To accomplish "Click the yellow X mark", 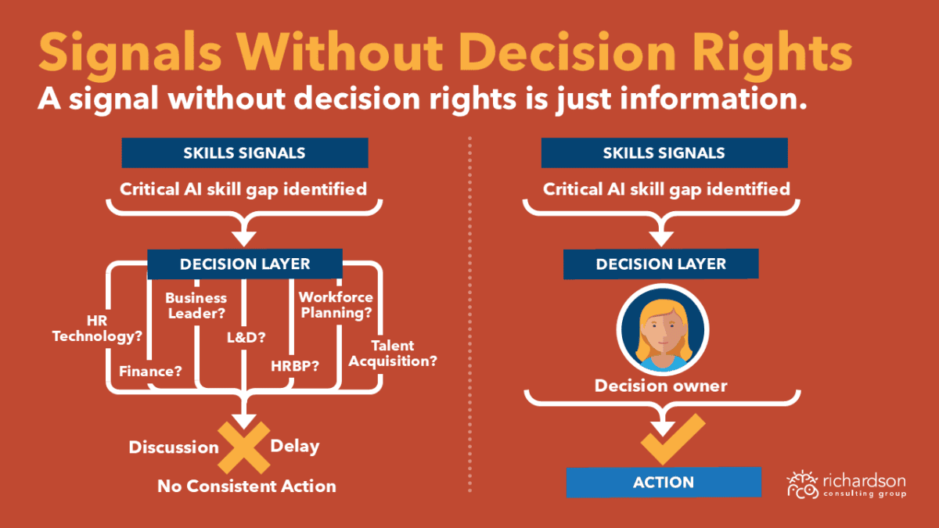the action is click(244, 447).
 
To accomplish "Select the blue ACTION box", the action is click(664, 483).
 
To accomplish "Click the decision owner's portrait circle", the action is click(663, 329).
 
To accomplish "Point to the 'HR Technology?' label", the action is click(97, 329).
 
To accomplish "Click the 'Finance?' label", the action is click(150, 372).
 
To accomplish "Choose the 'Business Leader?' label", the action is click(196, 306).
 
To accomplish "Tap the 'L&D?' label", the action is click(246, 337).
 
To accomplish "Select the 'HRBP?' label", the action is click(295, 366).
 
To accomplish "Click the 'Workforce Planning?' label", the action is click(336, 305).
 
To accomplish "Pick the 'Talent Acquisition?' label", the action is click(393, 354).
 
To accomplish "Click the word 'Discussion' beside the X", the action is click(174, 447).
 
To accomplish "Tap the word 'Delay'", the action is click(295, 447).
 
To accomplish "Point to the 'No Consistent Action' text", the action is click(246, 487).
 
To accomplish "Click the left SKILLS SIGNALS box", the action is click(245, 153).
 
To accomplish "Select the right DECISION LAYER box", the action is click(661, 264).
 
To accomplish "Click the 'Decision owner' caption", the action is click(661, 386).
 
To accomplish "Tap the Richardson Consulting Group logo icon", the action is click(802, 485).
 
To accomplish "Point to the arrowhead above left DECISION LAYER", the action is click(244, 239).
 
